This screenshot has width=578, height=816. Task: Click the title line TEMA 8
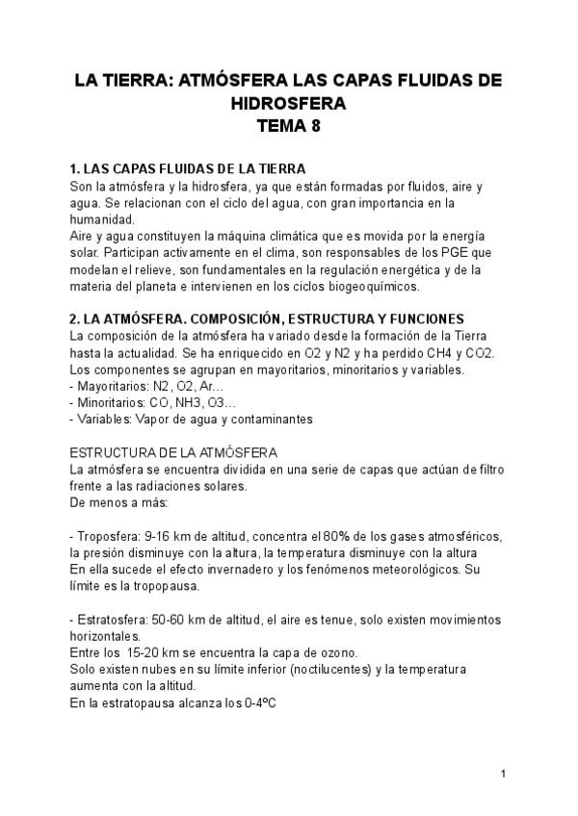click(x=288, y=125)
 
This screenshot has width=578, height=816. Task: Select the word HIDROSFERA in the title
click(x=288, y=103)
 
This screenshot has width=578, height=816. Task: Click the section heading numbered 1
click(x=188, y=168)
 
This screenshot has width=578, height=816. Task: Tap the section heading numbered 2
click(x=268, y=319)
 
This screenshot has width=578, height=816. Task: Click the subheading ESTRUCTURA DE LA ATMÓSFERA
click(x=174, y=452)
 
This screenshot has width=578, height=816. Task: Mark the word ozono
click(x=337, y=652)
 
